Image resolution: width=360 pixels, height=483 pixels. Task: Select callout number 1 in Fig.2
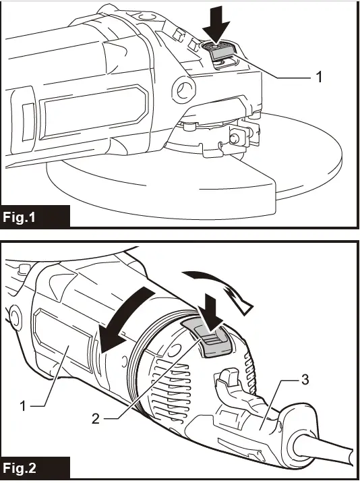[x=22, y=406]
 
